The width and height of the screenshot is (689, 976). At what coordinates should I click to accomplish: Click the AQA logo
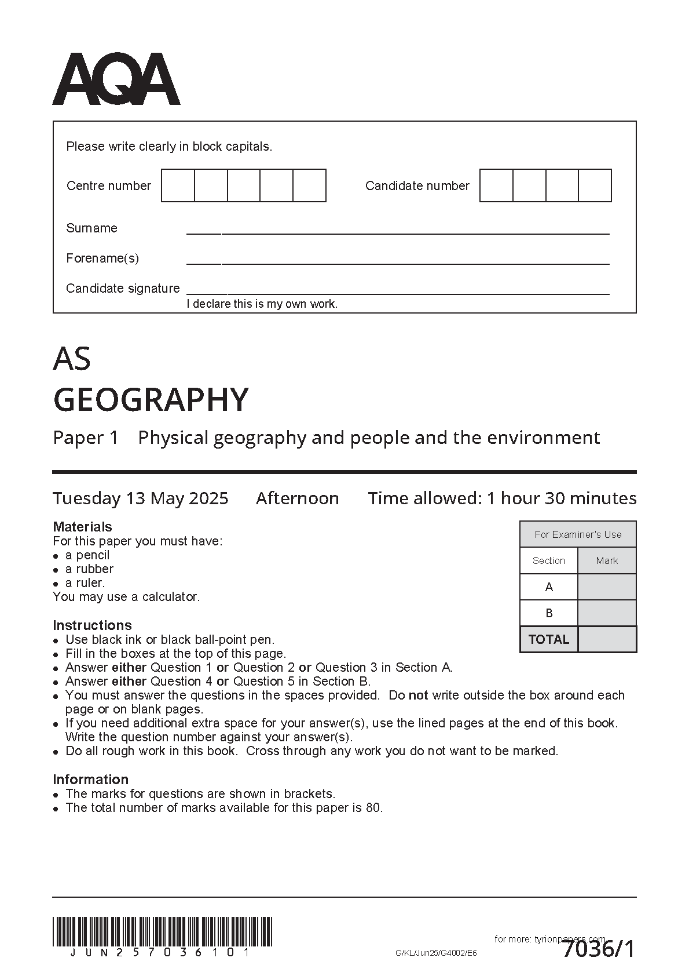[116, 79]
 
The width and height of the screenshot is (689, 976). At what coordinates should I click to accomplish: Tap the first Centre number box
[178, 185]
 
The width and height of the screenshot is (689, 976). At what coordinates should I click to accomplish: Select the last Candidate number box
[595, 185]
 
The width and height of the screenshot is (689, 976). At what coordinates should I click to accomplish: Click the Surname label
[91, 228]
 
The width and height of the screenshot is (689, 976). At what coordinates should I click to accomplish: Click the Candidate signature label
[123, 288]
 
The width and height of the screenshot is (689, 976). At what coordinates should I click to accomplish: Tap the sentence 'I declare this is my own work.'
[262, 304]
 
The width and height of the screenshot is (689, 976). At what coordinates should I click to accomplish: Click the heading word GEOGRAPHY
[151, 399]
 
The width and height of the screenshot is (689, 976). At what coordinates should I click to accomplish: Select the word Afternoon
[298, 498]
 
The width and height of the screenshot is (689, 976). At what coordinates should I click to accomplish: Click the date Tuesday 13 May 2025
[141, 498]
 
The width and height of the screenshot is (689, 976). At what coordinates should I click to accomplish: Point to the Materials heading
[82, 527]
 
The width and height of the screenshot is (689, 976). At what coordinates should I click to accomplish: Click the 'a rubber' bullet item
[89, 569]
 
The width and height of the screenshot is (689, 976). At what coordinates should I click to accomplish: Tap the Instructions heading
[92, 625]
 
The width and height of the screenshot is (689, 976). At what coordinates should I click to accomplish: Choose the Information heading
[90, 780]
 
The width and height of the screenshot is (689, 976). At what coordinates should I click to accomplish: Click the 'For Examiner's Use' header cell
[578, 534]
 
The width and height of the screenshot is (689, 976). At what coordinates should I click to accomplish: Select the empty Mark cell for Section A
[607, 587]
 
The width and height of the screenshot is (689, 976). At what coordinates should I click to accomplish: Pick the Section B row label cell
[549, 613]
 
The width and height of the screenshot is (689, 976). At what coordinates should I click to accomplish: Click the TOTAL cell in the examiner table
[549, 639]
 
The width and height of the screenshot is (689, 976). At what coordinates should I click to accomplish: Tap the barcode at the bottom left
[162, 931]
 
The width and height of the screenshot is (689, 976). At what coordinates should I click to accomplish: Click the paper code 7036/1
[599, 949]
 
